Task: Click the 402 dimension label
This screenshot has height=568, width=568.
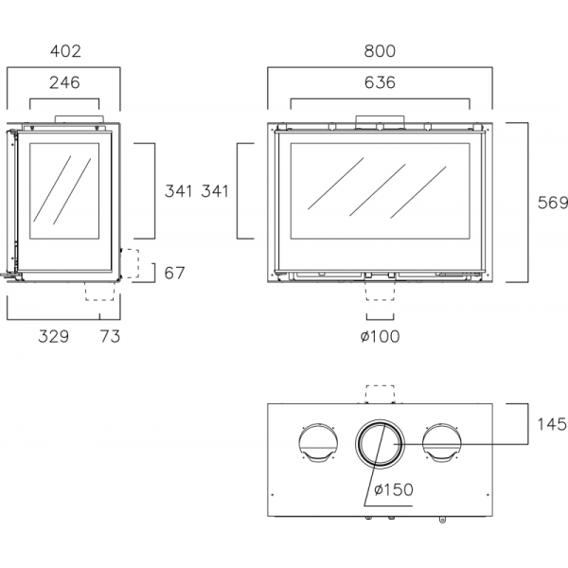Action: click(65, 51)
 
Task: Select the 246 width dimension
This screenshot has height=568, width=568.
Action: click(64, 82)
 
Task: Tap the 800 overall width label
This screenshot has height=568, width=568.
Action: click(380, 51)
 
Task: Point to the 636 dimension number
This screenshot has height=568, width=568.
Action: click(380, 82)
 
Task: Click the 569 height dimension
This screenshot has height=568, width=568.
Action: click(553, 203)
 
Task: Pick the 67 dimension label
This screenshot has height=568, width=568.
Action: click(174, 274)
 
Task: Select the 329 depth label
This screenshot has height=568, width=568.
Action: click(54, 336)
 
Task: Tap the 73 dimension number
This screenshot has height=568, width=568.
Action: click(110, 336)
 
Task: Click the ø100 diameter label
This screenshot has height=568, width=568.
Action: click(380, 336)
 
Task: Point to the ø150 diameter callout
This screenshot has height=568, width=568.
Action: click(394, 489)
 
